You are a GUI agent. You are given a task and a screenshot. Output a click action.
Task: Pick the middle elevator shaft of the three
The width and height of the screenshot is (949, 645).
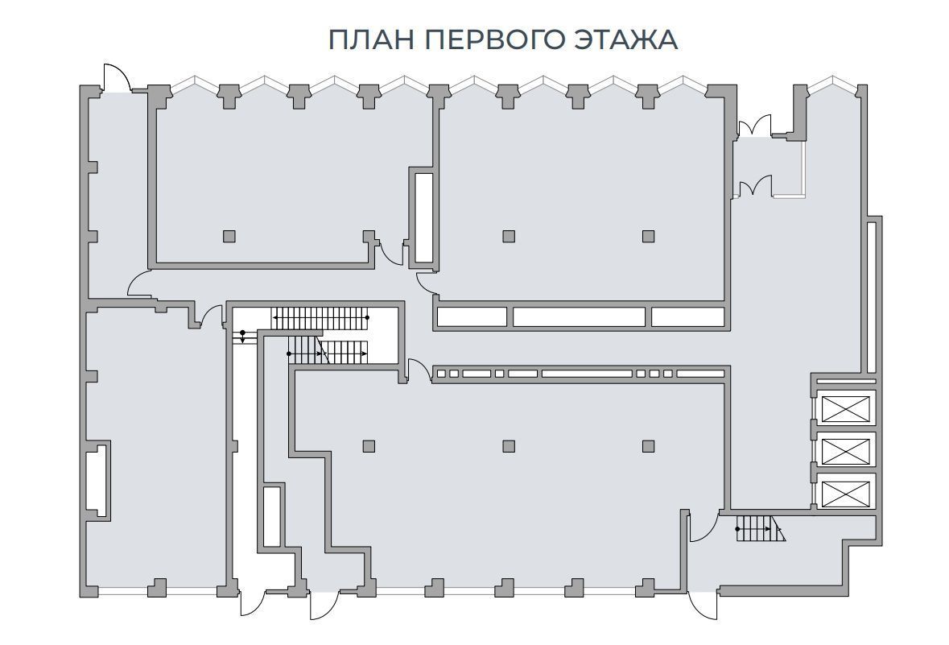[845, 449]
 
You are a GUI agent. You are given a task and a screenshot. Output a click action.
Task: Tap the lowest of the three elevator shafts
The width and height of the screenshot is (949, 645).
[845, 490]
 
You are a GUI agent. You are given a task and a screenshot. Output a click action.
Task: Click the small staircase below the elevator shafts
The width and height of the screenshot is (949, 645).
[760, 528]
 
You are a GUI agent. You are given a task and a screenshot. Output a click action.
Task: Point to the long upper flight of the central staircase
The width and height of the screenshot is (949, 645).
[320, 318]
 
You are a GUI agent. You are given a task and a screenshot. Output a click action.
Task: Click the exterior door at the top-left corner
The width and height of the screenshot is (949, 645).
[117, 77]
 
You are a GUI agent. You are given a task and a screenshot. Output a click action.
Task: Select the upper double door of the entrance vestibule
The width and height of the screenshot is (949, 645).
[753, 126]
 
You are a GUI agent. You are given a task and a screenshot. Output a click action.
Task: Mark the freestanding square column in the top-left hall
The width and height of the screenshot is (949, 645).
[229, 236]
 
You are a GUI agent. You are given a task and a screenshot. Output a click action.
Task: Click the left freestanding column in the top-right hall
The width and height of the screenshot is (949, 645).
[509, 236]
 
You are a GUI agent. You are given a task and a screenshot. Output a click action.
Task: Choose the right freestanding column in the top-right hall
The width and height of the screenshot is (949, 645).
[648, 236]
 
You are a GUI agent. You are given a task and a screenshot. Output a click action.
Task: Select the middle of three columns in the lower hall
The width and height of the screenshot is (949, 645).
[509, 446]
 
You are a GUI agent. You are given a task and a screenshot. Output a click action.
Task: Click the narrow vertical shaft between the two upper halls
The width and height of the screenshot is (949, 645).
[423, 218]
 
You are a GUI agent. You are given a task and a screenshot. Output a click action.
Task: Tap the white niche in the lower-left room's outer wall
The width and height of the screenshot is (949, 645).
[97, 480]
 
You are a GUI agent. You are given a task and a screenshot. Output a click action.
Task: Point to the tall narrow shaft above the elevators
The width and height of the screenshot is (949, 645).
[871, 297]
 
